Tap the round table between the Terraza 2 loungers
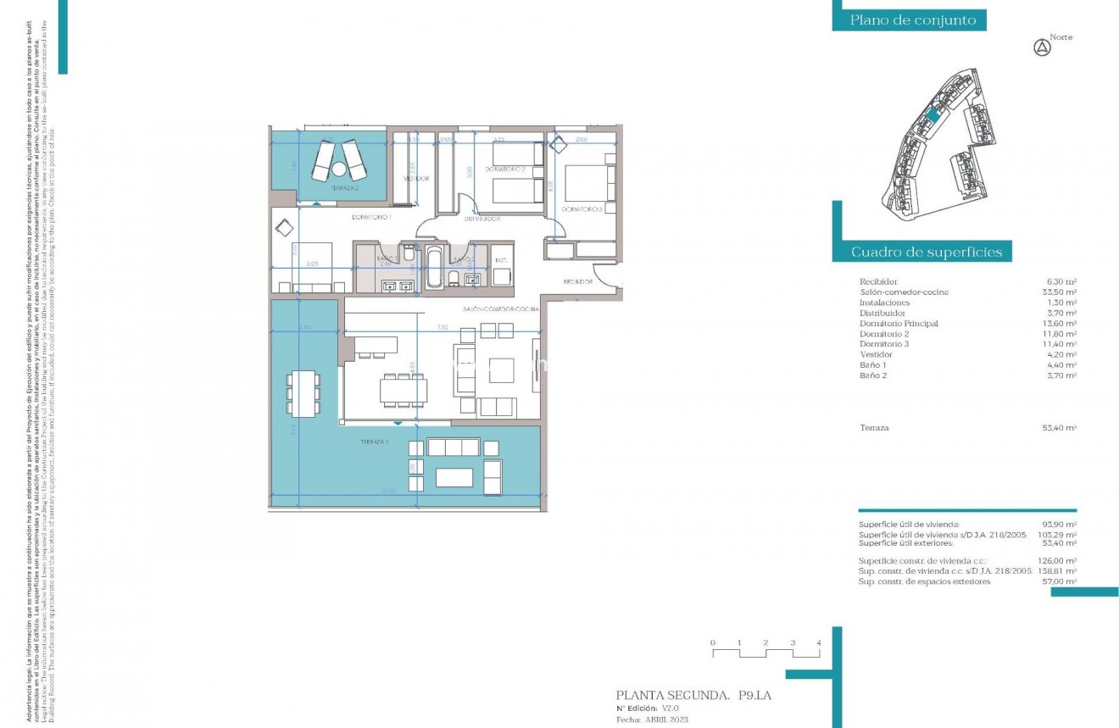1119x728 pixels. pos(339,168)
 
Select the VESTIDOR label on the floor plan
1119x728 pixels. pos(415,179)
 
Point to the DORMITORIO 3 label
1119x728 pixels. pos(582,208)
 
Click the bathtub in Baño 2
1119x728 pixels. pos(433,270)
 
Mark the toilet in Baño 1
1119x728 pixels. pos(409,255)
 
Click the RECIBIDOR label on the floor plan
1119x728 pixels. pos(577,281)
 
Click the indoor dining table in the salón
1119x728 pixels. pos(404,390)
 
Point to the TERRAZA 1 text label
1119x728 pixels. pos(372,443)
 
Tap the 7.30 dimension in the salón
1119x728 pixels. pos(443,327)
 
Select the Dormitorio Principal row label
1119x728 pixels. pos(899,324)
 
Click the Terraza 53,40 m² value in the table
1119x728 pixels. pos(1060,429)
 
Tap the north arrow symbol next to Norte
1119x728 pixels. pos(1042,48)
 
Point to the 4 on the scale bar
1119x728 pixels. pos(818,643)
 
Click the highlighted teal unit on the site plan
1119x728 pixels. pos(932,115)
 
